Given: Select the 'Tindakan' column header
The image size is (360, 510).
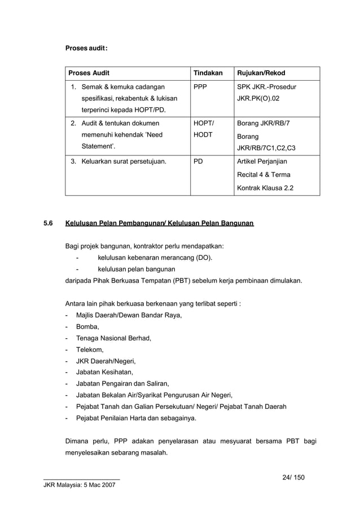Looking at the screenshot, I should pos(208,73).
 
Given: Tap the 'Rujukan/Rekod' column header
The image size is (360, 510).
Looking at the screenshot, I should pos(261,73).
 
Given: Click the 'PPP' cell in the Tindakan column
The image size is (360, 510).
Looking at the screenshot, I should pos(200,87).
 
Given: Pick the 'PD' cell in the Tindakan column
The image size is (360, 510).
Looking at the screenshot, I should pos(198,162).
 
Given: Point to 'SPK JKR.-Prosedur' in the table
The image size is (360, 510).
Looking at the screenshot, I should pos(266,87).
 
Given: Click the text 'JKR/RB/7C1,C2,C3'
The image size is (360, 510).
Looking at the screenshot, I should pos(266,149).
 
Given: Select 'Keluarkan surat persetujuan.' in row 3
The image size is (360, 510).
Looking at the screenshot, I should pos(124,162).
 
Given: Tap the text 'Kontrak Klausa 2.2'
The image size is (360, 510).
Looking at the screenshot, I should pos(265,188).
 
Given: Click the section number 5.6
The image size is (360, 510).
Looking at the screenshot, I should pos(48,224).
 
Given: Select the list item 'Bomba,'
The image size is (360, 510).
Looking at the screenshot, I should pos(87,326).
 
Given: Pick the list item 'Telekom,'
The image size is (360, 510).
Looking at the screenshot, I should pos(90,350).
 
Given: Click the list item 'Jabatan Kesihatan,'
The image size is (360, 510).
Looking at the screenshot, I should pos(104,372).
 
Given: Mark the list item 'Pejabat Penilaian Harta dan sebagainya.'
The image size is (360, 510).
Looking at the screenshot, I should pos(136,418).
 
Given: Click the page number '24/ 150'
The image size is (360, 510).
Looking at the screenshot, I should pos(293,477).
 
